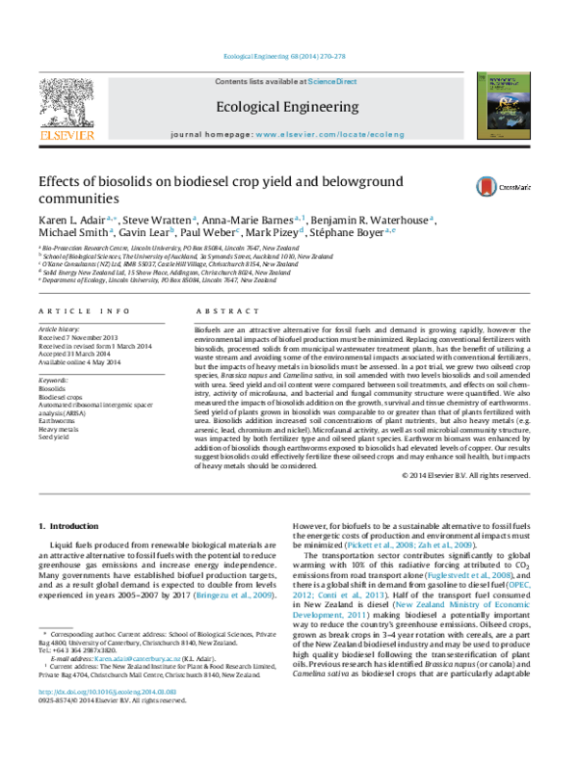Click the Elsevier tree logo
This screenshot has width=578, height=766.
pos(66,102)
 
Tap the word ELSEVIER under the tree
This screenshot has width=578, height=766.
pos(67,136)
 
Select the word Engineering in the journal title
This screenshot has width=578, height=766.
pos(323,107)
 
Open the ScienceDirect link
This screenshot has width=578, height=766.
pos(332,82)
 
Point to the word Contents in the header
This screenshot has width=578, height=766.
pos(232,82)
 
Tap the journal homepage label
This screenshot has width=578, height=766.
pos(212,135)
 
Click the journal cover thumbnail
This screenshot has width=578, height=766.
pos(504,105)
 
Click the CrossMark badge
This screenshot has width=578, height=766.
pos(502,187)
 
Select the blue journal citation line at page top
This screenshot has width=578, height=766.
pos(284,56)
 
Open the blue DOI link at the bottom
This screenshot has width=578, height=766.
pos(108,692)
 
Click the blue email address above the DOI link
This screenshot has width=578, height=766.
pos(138,659)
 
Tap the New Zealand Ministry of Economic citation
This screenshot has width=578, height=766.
pos(463,605)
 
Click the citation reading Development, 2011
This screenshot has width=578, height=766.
pos(328,615)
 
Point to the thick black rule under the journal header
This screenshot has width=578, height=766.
pos(284,146)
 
